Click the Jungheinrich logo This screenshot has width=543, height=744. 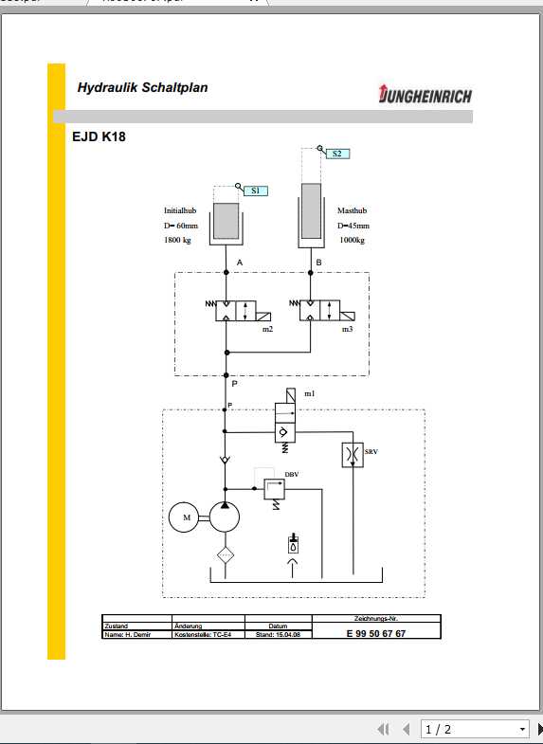425,95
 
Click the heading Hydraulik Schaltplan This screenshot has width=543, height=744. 143,88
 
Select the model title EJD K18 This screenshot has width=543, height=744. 99,136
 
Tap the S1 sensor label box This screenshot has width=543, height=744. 255,191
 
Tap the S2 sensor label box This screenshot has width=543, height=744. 336,153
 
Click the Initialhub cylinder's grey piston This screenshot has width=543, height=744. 226,221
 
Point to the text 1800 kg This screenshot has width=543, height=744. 178,241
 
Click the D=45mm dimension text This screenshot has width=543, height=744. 353,226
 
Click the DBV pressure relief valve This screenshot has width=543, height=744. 274,489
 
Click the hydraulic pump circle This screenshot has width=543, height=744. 225,518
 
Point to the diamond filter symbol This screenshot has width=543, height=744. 225,555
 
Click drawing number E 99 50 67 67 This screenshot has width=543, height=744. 375,634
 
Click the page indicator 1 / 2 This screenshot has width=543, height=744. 438,729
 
